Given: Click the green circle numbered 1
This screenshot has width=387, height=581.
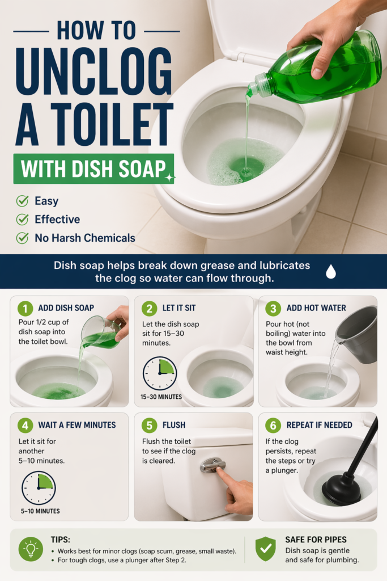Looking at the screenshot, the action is coord(25,308).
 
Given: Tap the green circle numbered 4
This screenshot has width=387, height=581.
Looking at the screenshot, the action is coord(25,426).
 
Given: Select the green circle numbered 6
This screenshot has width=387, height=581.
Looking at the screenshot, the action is coord(273,426).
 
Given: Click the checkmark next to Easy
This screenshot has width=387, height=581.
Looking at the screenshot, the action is coord(22,201).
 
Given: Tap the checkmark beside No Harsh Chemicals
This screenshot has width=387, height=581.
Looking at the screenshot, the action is coord(22,238).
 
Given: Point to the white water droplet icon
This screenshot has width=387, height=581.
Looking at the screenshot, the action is coord(331,271).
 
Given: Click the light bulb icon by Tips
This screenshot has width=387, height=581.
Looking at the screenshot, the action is coord(31,549).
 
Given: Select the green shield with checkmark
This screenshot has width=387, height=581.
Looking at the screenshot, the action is coord(266,549).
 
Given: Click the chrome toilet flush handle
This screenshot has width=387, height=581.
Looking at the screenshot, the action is coord(212,465).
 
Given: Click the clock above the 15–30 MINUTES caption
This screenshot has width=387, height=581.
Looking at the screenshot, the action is coord(160,373).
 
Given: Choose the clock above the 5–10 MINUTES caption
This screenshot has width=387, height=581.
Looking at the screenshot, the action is coord(39,488).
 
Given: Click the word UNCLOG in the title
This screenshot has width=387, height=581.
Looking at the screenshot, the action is coord(94,72).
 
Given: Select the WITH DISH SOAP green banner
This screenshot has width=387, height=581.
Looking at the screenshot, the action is coord(93,169).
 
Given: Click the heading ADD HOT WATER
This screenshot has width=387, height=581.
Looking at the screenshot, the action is coord(316,308).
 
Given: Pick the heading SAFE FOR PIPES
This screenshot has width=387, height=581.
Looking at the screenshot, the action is coord(316,540).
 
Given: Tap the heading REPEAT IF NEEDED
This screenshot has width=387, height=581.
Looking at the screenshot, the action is coord(320,425).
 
